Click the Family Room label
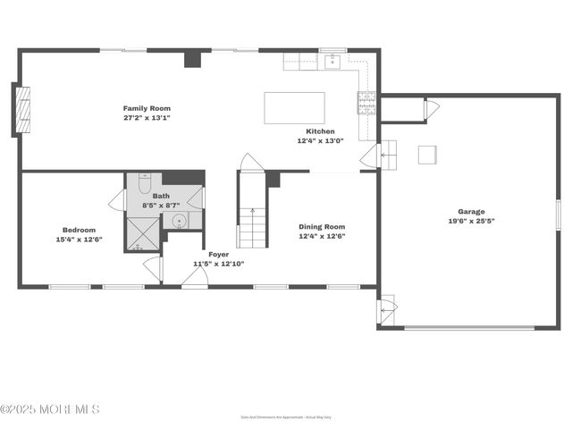click(x=147, y=108)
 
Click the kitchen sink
click(x=332, y=62)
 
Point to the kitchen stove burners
click(x=366, y=103)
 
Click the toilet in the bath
click(x=145, y=182)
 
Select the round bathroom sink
click(x=179, y=220)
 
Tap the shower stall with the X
click(x=143, y=232)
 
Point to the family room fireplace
click(x=20, y=110)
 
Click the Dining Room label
click(x=322, y=227)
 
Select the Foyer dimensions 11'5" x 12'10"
click(x=219, y=264)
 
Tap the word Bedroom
click(x=79, y=230)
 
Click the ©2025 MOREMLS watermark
click(x=50, y=409)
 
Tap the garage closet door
click(x=431, y=109)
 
